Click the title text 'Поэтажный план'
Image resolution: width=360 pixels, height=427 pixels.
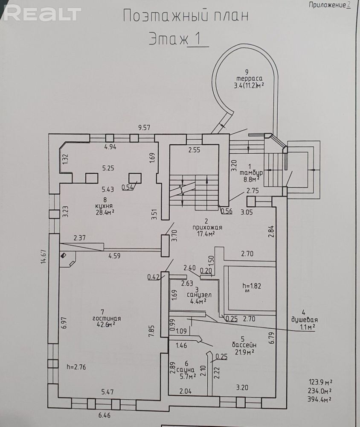(x=186, y=16)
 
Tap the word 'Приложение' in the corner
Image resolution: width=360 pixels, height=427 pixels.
(x=327, y=5)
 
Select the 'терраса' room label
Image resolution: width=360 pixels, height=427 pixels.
(x=249, y=79)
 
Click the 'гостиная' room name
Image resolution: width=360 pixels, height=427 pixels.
(x=107, y=318)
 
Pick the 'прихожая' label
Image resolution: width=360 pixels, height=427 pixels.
(x=207, y=227)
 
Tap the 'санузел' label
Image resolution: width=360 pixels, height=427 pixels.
(x=199, y=294)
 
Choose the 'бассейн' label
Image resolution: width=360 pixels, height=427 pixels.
(x=244, y=345)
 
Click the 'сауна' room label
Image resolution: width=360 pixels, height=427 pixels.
(x=186, y=370)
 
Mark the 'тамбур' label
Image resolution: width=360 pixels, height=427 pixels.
(x=251, y=173)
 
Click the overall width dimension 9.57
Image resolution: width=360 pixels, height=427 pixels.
(x=144, y=127)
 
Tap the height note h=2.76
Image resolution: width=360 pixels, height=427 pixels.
(x=76, y=367)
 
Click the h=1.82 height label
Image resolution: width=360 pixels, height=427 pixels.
(x=252, y=286)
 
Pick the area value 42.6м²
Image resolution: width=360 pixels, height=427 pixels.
(x=106, y=324)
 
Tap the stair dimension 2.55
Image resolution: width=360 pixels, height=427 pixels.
(x=194, y=149)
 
